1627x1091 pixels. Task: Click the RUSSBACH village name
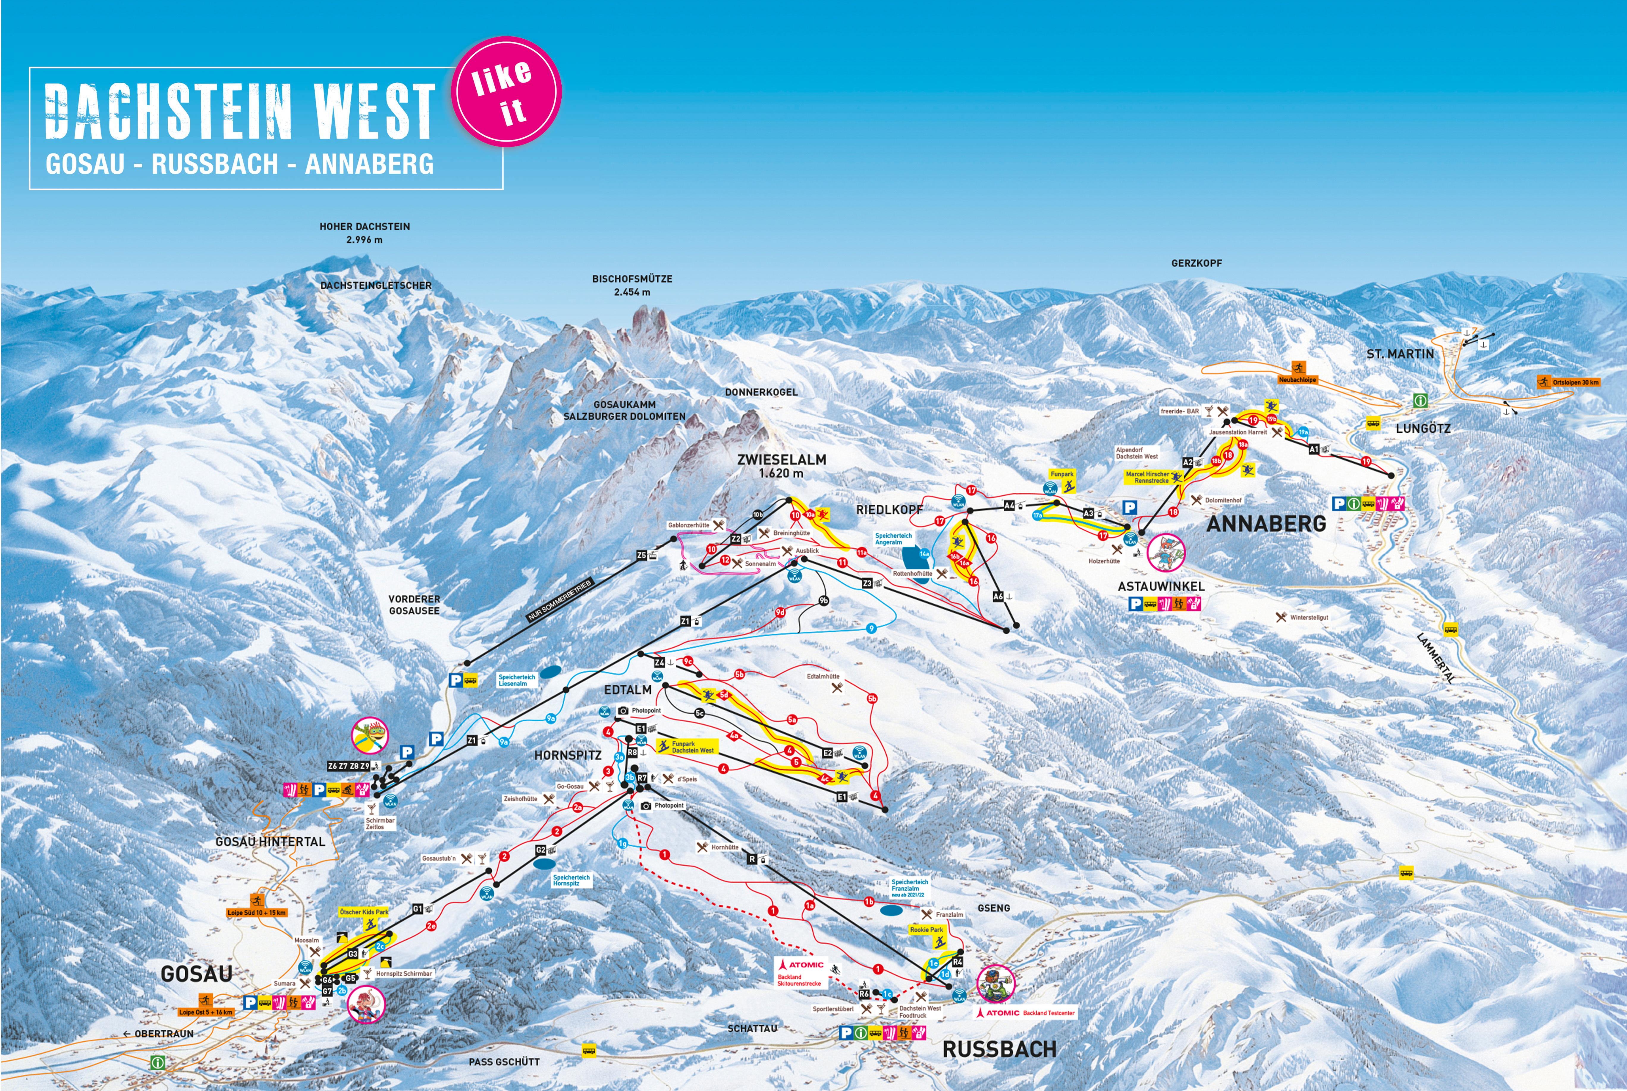click(999, 1049)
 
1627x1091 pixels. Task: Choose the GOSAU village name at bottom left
click(196, 974)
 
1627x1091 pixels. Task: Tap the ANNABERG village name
click(1266, 524)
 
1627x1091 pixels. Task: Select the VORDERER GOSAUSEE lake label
click(414, 605)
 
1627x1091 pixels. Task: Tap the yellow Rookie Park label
click(926, 930)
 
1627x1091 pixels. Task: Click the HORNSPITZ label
click(568, 755)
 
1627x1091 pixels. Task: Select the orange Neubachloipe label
click(1297, 380)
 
